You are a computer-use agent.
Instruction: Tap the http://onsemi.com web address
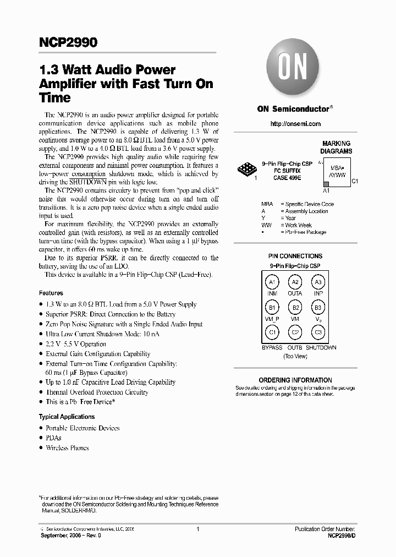[x=295, y=124]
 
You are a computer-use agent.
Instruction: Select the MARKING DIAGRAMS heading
[x=336, y=147]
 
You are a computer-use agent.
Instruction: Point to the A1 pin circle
[x=272, y=282]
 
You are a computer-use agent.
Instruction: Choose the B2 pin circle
[x=295, y=308]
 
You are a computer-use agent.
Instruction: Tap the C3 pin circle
[x=318, y=332]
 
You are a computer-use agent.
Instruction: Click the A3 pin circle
[x=318, y=282]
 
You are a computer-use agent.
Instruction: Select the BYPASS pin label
[x=272, y=348]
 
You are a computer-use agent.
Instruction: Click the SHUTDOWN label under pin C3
[x=321, y=348]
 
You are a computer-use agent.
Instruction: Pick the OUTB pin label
[x=295, y=348]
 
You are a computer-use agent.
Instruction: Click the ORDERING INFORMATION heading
[x=295, y=380]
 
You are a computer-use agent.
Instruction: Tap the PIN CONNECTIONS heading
[x=295, y=256]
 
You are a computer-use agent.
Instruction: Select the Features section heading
[x=51, y=293]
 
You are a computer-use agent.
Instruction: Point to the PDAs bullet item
[x=53, y=438]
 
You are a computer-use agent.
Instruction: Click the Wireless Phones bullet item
[x=67, y=448]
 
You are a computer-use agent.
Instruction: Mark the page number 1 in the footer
[x=197, y=529]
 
